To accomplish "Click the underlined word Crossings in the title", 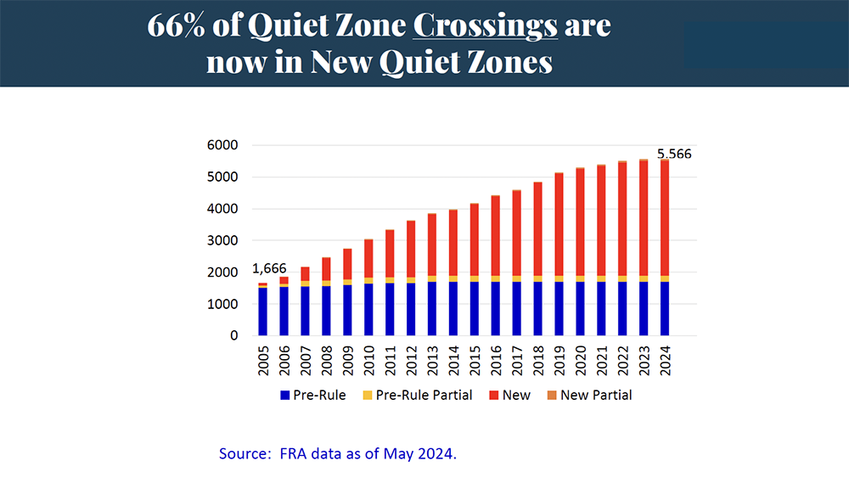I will tap(485, 25).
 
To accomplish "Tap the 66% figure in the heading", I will tap(176, 25).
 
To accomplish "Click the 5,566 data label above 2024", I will tap(675, 155).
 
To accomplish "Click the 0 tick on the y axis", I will tap(233, 335).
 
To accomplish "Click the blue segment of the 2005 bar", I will tap(263, 312).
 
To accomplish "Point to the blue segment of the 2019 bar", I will tap(559, 308).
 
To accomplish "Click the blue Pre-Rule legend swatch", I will tap(285, 395).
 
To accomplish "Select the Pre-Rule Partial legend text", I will tap(424, 395).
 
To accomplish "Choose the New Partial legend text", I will tap(596, 395).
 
